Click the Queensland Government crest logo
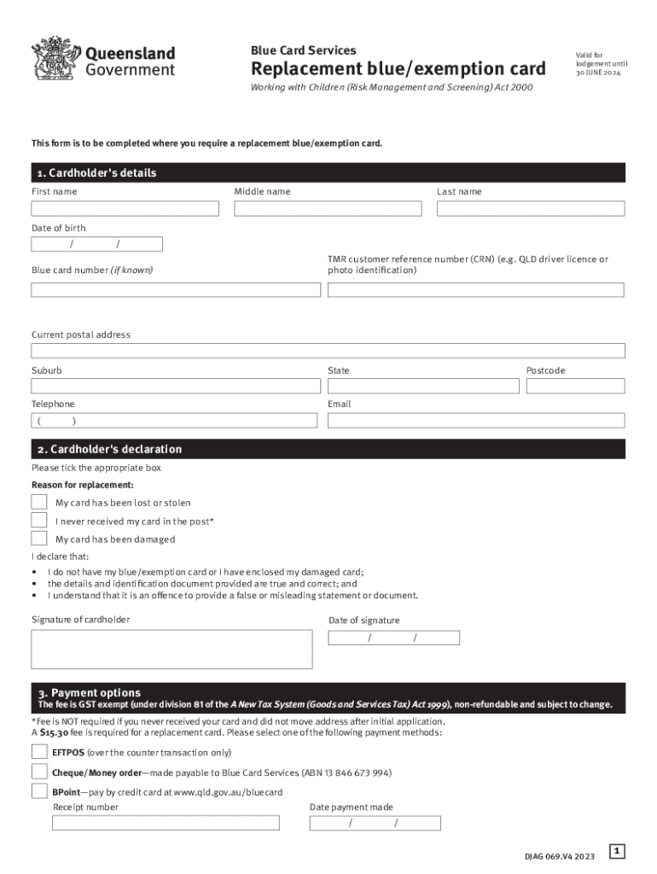click(x=53, y=57)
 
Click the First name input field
click(x=125, y=208)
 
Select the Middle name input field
click(x=328, y=208)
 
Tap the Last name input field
click(x=531, y=208)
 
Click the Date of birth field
click(x=96, y=245)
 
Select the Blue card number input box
click(x=176, y=289)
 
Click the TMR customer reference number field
click(x=476, y=289)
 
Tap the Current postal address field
click(x=328, y=351)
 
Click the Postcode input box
click(x=575, y=386)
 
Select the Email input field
click(x=476, y=420)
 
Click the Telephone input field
click(x=176, y=420)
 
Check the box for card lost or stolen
click(x=39, y=502)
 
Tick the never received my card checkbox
click(x=39, y=520)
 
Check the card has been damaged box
click(x=39, y=538)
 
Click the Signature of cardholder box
click(x=172, y=649)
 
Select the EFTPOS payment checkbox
click(x=39, y=752)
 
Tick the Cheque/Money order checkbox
click(x=39, y=772)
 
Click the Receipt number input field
click(x=166, y=823)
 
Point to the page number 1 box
click(x=618, y=851)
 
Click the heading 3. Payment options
click(x=89, y=692)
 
